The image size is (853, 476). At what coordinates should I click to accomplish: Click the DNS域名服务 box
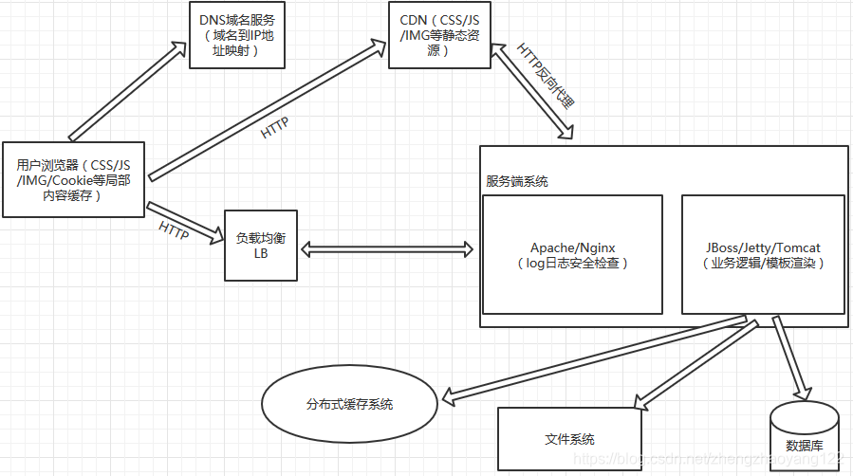(x=237, y=35)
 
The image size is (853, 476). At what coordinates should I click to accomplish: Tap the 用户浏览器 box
(x=73, y=179)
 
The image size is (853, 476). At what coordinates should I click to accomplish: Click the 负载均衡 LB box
(x=261, y=246)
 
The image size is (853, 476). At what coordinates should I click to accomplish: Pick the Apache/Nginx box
(x=572, y=255)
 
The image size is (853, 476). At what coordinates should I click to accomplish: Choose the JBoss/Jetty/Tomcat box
(x=762, y=255)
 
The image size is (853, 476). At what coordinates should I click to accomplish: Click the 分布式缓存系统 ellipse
(x=349, y=404)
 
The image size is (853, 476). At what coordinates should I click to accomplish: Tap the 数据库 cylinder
(x=804, y=435)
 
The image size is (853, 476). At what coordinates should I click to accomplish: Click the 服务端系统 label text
(x=516, y=181)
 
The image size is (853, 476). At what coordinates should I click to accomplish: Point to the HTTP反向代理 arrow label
(x=546, y=75)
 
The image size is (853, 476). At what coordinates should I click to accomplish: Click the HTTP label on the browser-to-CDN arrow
(x=274, y=127)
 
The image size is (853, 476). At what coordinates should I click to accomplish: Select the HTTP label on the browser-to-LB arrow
(x=174, y=229)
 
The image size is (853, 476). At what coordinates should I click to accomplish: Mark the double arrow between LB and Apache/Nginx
(x=386, y=250)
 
